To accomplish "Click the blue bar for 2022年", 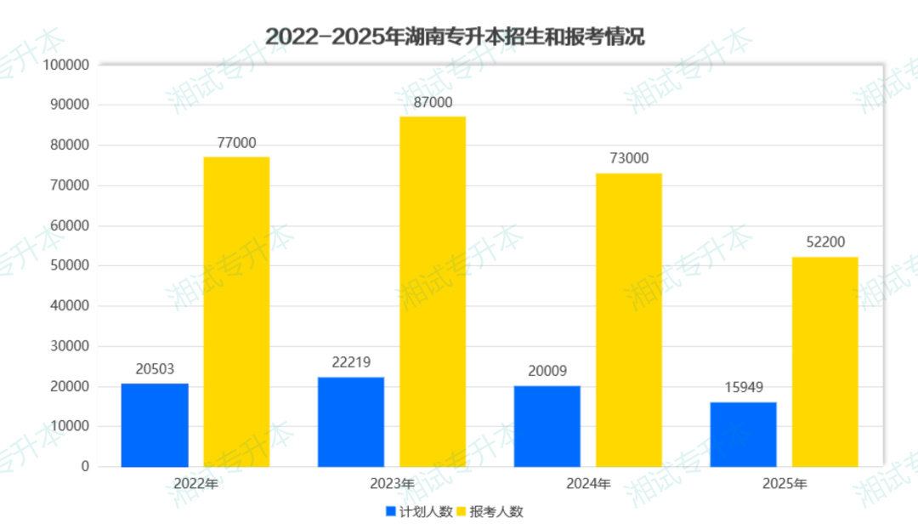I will tap(155, 424).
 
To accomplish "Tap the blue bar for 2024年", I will tap(547, 425).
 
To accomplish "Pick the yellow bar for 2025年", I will tap(824, 361).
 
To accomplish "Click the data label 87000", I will tap(433, 103).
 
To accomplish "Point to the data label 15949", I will tap(744, 388).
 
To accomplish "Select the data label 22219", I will tap(351, 362).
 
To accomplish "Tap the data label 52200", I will tap(825, 242).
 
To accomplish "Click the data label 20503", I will tap(155, 369).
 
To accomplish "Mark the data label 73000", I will tap(629, 158).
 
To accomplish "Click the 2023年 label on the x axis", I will tap(392, 484).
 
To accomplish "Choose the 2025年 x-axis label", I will tap(785, 484).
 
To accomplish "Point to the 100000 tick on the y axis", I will tap(66, 65).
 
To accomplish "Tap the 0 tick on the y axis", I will tap(85, 466).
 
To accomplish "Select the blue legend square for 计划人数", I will tap(391, 512).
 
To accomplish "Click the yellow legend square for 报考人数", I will tap(462, 512).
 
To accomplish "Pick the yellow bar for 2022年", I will tap(236, 311).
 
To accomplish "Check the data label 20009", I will tap(547, 371).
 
